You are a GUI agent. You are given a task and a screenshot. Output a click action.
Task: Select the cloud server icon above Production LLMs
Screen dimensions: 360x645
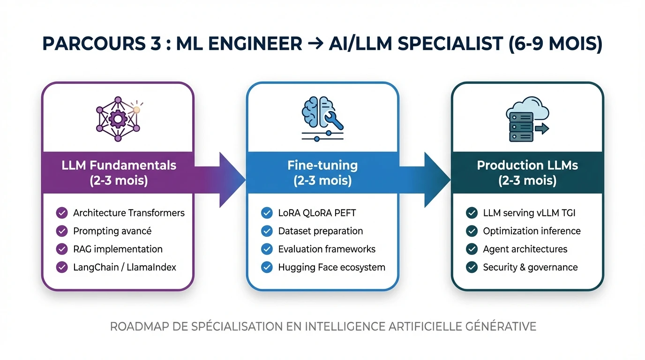click(x=527, y=119)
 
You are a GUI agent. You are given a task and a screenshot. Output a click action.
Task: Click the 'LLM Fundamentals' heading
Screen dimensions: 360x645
click(x=119, y=165)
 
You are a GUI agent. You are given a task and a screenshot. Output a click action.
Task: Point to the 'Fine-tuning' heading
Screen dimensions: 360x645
click(x=322, y=165)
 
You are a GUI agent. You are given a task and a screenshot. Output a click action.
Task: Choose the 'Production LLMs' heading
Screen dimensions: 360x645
click(x=527, y=165)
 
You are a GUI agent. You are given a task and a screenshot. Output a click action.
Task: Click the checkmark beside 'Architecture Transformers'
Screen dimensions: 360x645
click(x=62, y=213)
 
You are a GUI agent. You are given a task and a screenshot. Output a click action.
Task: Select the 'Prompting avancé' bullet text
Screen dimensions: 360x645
click(x=112, y=231)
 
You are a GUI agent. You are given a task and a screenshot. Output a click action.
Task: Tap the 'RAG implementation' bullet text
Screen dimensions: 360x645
click(x=118, y=249)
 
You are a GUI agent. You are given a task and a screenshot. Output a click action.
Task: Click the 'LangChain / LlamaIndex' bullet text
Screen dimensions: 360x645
click(x=125, y=267)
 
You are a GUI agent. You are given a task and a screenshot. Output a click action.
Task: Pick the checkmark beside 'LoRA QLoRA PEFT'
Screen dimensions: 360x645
click(x=267, y=213)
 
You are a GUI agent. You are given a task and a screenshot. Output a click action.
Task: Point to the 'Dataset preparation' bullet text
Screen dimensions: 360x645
click(x=320, y=231)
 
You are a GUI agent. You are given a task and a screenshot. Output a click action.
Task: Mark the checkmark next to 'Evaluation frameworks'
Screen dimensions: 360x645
click(x=267, y=249)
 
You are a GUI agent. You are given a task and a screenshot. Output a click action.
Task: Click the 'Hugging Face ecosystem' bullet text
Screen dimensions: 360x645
click(x=331, y=267)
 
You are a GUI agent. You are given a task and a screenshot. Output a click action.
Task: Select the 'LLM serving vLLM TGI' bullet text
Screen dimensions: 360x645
click(x=529, y=213)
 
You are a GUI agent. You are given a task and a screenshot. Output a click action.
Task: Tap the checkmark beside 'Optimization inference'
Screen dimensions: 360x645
click(x=472, y=231)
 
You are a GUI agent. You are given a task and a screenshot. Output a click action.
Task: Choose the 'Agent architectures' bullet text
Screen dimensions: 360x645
click(x=525, y=249)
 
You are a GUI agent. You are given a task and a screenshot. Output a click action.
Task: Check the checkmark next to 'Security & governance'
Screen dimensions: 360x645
click(x=472, y=267)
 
